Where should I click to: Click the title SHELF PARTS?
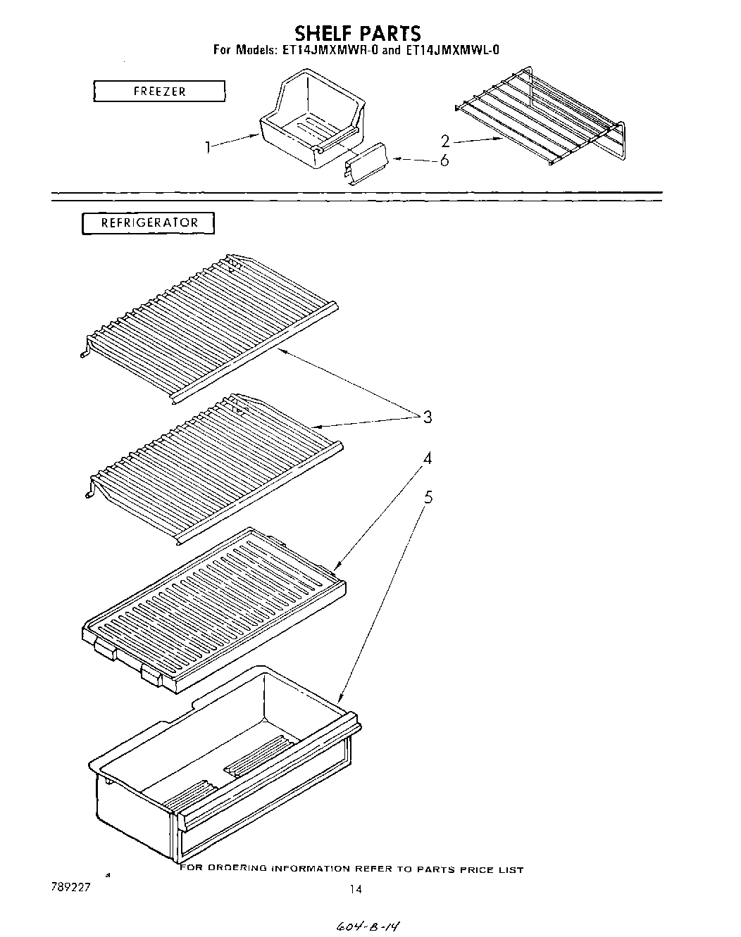357,32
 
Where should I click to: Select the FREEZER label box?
159,92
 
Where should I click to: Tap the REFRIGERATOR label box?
149,223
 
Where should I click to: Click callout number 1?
208,147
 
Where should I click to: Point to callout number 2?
444,141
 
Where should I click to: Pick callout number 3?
427,417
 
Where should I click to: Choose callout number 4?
427,459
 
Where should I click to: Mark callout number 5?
428,498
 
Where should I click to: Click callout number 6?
444,161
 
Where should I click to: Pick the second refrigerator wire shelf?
211,465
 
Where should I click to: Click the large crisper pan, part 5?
225,767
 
